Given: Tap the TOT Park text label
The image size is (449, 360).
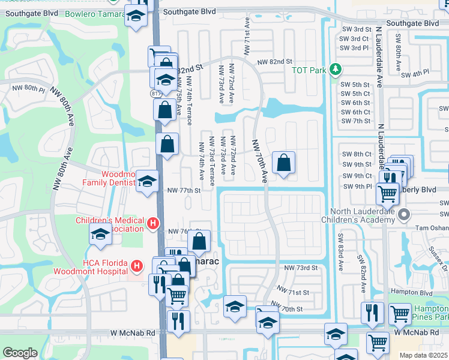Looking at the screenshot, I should (309, 70).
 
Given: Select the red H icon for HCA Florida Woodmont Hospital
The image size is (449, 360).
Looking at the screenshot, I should (137, 265).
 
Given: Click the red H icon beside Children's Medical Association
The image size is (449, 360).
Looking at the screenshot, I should (152, 224).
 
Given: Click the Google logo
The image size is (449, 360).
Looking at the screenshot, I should (20, 353).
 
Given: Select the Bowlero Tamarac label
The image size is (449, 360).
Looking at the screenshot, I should (92, 13).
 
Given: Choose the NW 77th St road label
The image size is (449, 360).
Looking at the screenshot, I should (183, 190).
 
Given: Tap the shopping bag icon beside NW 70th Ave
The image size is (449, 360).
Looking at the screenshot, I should (283, 162).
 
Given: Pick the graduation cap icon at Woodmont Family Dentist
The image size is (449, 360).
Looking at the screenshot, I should (146, 182).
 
